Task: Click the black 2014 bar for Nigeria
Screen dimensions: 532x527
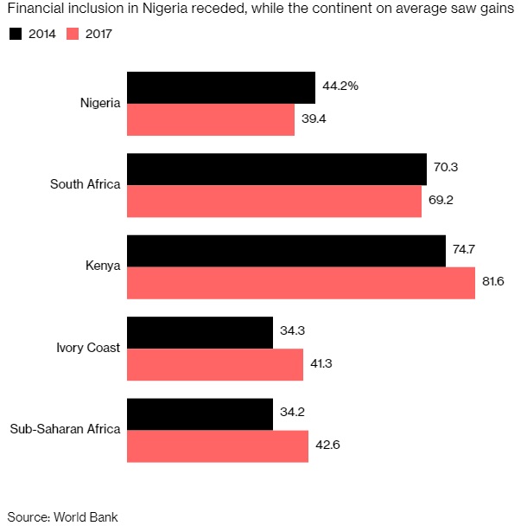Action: tap(220, 88)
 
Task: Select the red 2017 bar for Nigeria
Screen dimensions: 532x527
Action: tap(211, 119)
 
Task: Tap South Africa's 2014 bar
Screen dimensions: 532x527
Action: tap(276, 170)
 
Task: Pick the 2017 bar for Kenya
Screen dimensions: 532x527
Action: tap(301, 283)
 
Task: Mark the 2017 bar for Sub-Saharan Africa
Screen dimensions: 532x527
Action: tap(218, 446)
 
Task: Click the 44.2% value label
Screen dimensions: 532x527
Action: tap(340, 87)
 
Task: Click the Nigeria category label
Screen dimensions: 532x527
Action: tap(99, 104)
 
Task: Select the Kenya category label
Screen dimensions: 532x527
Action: tap(104, 267)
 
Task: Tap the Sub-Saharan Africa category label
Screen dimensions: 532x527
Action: tap(65, 430)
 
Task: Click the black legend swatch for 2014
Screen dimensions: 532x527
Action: tap(15, 34)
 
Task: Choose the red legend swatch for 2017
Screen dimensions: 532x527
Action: tap(73, 34)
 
